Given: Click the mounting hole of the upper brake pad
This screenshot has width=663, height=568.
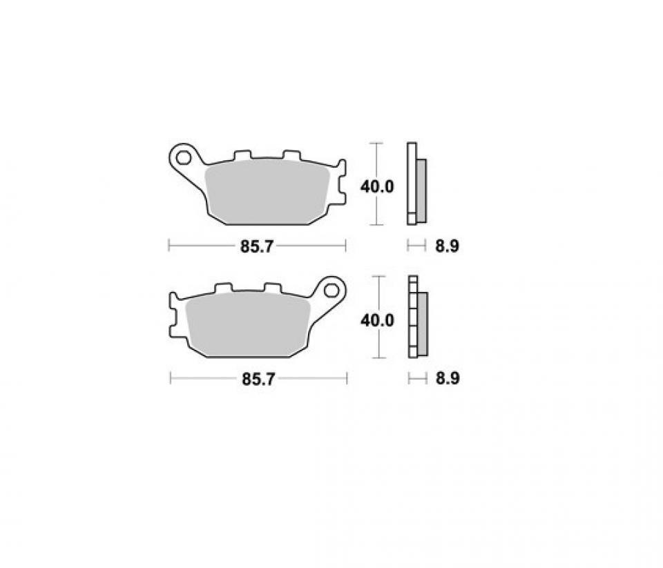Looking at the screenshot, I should tap(184, 158).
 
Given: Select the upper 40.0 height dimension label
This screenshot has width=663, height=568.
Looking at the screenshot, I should tap(377, 186).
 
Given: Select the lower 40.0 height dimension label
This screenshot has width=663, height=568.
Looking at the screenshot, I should tap(377, 320).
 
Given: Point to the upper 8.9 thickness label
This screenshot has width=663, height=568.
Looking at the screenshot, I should tap(447, 246).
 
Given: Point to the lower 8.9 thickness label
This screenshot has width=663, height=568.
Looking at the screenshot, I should tap(447, 379).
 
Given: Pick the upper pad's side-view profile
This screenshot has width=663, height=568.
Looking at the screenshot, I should tap(416, 183).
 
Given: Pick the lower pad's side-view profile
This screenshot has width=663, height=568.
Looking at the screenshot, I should tap(417, 317).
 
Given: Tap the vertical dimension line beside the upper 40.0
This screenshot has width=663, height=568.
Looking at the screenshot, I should tap(376, 207).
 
